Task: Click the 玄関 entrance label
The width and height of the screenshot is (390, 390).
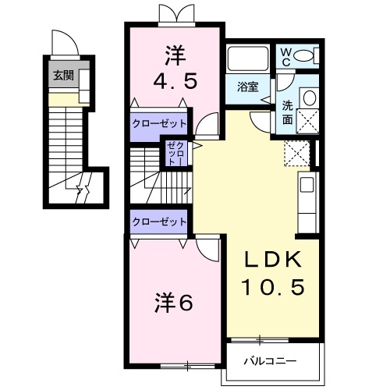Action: pyautogui.click(x=64, y=76)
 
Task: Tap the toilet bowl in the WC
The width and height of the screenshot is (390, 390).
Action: pyautogui.click(x=303, y=55)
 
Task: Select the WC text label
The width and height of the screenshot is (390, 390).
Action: pyautogui.click(x=286, y=58)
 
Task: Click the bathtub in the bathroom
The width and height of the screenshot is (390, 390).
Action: pyautogui.click(x=248, y=58)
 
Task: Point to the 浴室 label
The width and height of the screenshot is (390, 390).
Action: pyautogui.click(x=247, y=87)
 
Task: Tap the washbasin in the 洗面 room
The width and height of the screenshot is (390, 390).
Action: pyautogui.click(x=309, y=98)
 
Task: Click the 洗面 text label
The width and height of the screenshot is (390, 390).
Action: pyautogui.click(x=288, y=112)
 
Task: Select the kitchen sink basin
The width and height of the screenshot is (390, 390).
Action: pyautogui.click(x=307, y=185)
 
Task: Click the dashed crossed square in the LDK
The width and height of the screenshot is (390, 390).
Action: pyautogui.click(x=297, y=153)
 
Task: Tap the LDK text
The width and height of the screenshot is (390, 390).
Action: pyautogui.click(x=273, y=260)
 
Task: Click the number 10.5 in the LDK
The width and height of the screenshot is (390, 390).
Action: pyautogui.click(x=273, y=287)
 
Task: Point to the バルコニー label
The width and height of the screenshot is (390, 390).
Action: pyautogui.click(x=270, y=361)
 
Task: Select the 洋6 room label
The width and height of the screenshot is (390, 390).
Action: pyautogui.click(x=174, y=303)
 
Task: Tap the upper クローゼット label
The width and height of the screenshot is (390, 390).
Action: pyautogui.click(x=159, y=123)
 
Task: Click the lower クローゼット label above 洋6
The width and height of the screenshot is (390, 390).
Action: pyautogui.click(x=159, y=222)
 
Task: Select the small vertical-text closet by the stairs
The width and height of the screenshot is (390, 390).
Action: pyautogui.click(x=176, y=154)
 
